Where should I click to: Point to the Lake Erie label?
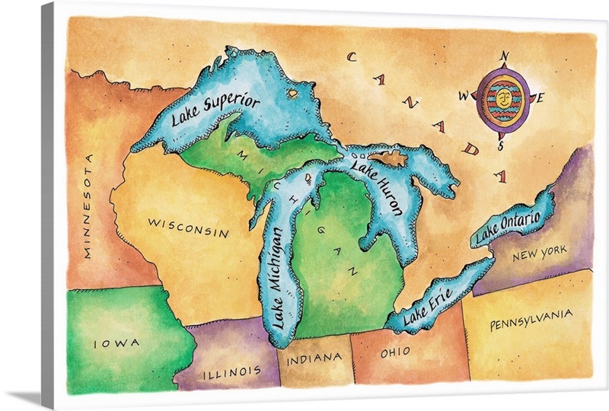point(429,304)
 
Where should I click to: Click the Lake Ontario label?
point(508,227)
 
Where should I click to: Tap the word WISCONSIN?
point(187,228)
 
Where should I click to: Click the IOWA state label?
point(116,343)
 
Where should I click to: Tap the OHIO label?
point(395,352)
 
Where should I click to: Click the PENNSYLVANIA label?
point(531,319)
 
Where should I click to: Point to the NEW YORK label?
point(539,253)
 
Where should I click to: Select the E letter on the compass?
point(541,97)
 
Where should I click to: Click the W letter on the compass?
point(463,96)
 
